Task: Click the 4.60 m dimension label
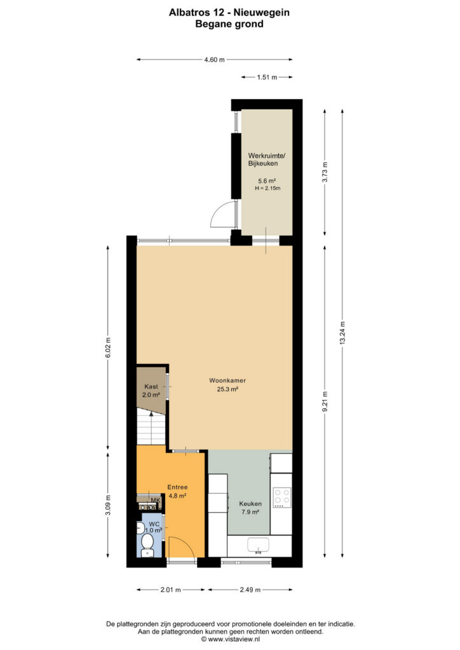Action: [x=214, y=60]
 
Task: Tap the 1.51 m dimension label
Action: [x=267, y=77]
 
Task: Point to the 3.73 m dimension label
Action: [x=325, y=171]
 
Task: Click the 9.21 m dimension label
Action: [x=325, y=401]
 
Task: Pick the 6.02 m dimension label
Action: [x=108, y=347]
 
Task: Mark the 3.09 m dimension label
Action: [x=108, y=505]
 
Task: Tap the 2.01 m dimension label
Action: [x=170, y=590]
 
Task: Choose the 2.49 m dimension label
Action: [x=250, y=590]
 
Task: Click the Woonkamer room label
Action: [x=227, y=381]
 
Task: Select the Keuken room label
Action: [x=250, y=504]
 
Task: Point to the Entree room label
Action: [x=177, y=487]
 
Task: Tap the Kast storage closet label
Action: [x=151, y=387]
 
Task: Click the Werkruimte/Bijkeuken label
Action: [x=266, y=159]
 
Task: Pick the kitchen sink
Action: [x=258, y=545]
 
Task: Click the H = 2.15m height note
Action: [x=267, y=188]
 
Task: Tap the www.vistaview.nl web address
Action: [x=234, y=639]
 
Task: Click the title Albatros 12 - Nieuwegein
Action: [x=229, y=13]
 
